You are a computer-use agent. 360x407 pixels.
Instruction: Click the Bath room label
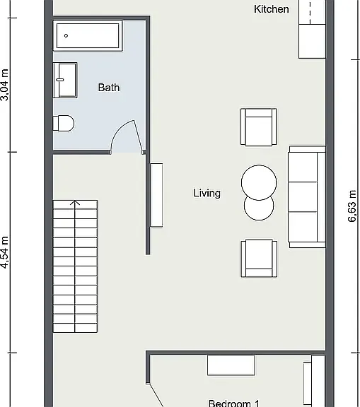[x=109, y=88]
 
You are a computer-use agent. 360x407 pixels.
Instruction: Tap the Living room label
[x=207, y=193]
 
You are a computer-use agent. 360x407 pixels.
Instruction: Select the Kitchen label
[x=271, y=9]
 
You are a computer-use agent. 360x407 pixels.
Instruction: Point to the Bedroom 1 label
[x=234, y=403]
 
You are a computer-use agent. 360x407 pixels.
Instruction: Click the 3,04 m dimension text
[x=5, y=85]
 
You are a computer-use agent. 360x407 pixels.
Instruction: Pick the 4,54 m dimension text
[x=5, y=252]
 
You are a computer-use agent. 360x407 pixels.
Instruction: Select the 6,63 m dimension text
[x=352, y=206]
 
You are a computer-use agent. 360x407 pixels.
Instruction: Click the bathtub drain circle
[x=66, y=35]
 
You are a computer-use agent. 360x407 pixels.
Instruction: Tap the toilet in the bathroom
[x=64, y=123]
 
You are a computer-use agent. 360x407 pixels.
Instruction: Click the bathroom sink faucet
[x=60, y=80]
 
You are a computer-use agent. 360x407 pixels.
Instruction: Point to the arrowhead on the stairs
[x=75, y=203]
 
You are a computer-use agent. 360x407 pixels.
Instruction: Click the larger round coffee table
[x=259, y=182]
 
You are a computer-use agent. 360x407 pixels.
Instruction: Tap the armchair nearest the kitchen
[x=258, y=126]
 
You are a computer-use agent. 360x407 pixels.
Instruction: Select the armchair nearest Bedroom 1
[x=259, y=259]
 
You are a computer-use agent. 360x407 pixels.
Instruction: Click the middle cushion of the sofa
[x=303, y=196]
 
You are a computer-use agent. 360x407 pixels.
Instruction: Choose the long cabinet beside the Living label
[x=156, y=195]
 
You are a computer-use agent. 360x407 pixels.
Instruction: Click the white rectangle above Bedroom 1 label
[x=231, y=365]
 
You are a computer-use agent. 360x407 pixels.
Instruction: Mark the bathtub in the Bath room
[x=88, y=35]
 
